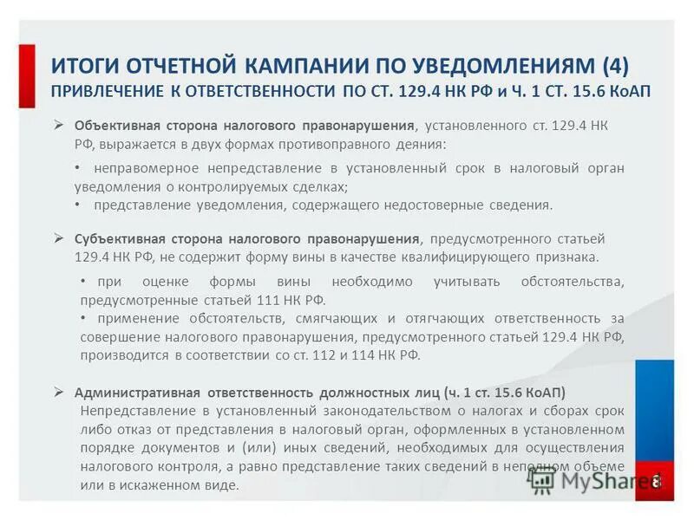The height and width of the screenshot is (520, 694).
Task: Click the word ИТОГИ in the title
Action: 84,67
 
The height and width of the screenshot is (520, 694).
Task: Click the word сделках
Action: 316,186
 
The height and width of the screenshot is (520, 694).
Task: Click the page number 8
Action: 657,481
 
